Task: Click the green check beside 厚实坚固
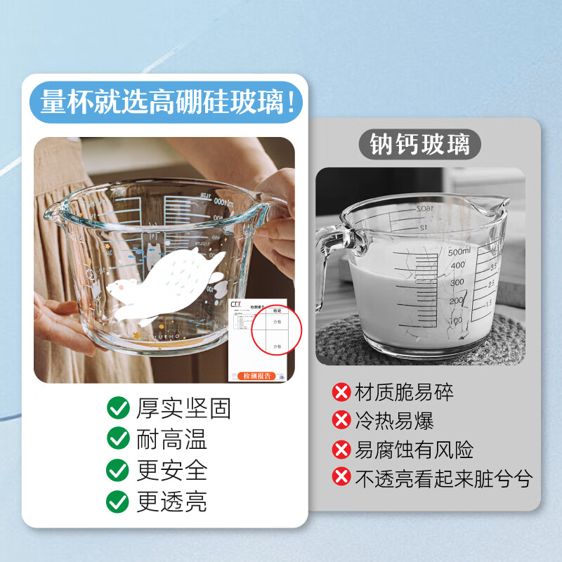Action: click(117, 407)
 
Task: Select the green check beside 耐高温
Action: click(117, 439)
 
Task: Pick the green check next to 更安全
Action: click(117, 470)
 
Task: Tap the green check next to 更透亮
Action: click(117, 502)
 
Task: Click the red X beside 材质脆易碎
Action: click(341, 391)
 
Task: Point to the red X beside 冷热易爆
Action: click(341, 419)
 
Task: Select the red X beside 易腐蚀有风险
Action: click(341, 449)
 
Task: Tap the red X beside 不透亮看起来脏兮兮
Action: click(341, 478)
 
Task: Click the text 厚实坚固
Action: click(183, 408)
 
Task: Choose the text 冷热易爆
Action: click(394, 420)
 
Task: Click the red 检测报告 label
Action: click(260, 376)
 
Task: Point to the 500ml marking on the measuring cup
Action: click(460, 251)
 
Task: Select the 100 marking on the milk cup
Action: click(455, 320)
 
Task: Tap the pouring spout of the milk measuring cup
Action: click(500, 204)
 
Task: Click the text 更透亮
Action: click(172, 502)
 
